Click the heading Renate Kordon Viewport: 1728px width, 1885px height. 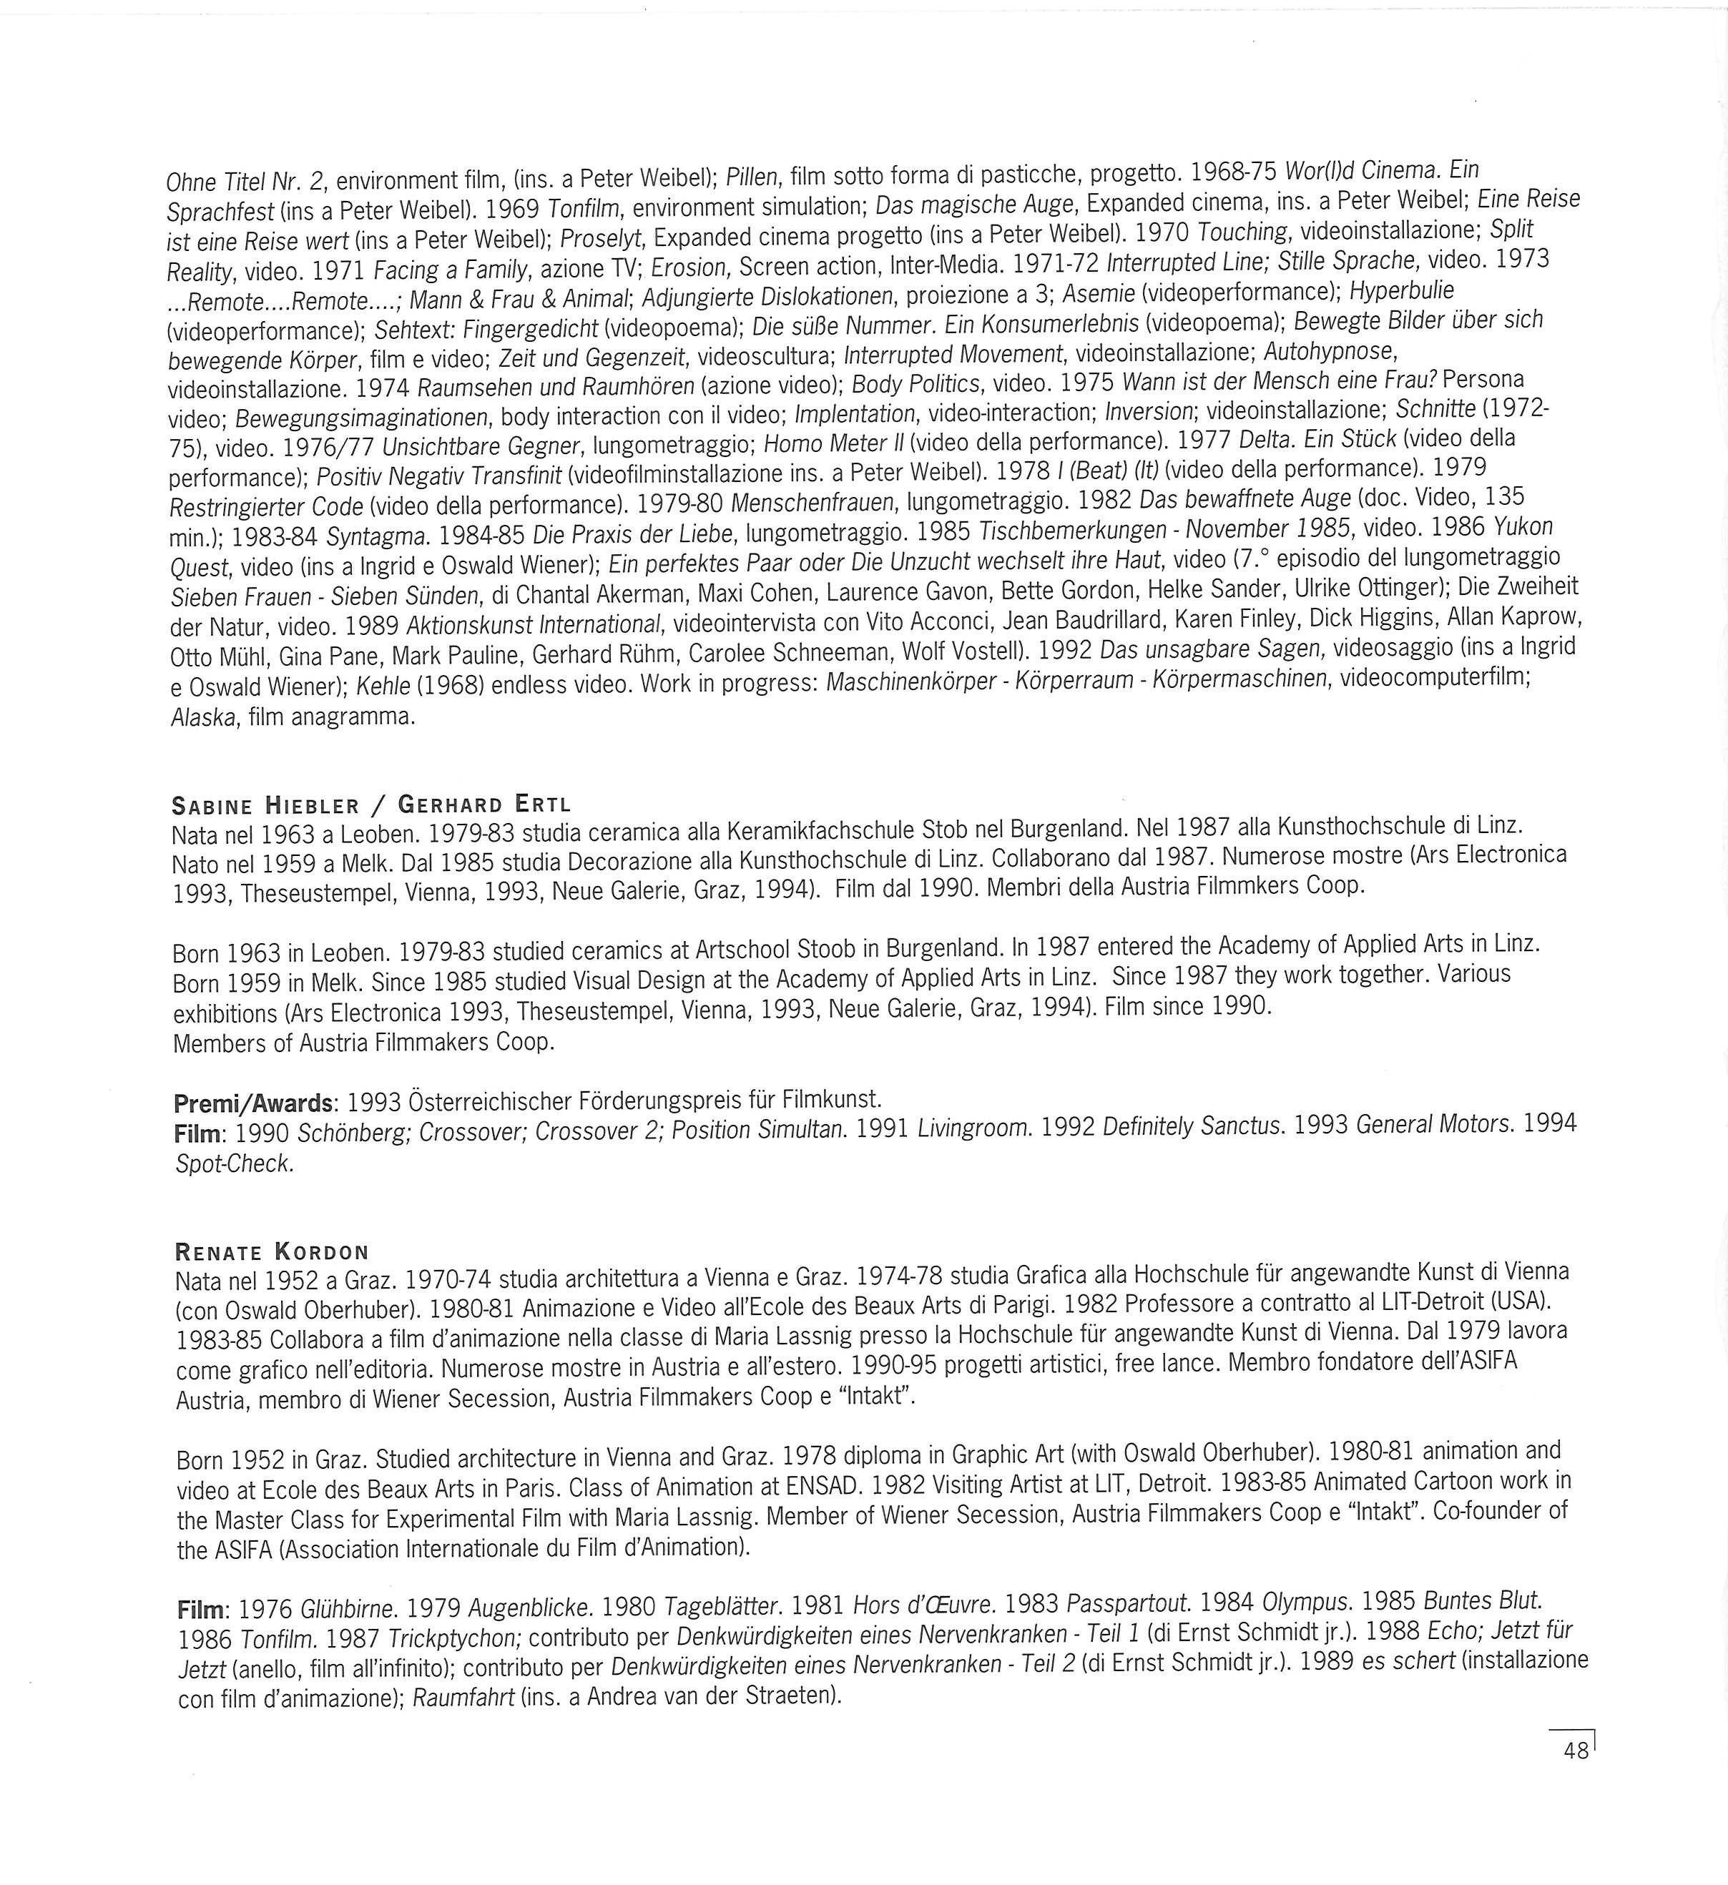(272, 1252)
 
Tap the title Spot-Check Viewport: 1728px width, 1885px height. (234, 1165)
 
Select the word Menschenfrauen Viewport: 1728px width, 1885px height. (813, 504)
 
